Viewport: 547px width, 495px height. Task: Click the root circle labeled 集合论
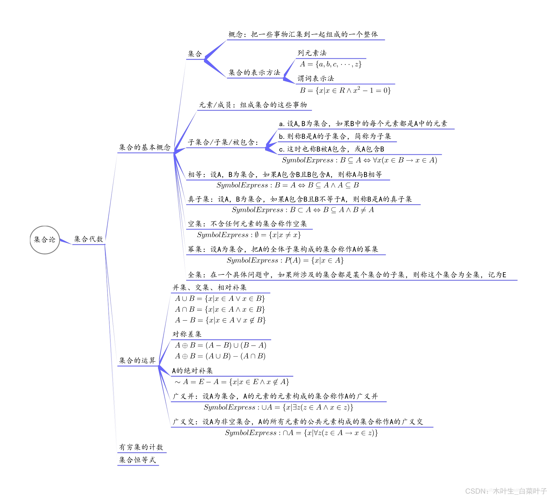pos(45,240)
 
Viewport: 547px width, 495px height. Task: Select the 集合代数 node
pos(89,239)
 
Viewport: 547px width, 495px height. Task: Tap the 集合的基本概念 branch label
pos(145,147)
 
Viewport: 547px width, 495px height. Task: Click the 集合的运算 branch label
pos(137,361)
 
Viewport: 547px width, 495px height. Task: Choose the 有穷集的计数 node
pos(141,447)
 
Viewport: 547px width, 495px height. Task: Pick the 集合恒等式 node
pos(137,460)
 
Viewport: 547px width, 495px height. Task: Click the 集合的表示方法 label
pos(254,73)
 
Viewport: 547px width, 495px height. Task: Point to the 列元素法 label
pos(312,53)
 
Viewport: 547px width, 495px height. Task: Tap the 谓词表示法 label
pos(316,79)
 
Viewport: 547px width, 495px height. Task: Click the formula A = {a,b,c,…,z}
pos(330,64)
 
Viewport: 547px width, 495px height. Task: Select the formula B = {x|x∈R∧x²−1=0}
pos(345,90)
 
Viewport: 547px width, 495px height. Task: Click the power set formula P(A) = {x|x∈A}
pos(285,261)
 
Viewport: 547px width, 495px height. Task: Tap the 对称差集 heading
pos(187,334)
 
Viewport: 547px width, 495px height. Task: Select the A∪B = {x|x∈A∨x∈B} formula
pos(220,299)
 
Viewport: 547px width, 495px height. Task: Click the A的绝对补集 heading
pos(192,371)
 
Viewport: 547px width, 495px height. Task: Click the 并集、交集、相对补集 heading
pos(209,287)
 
